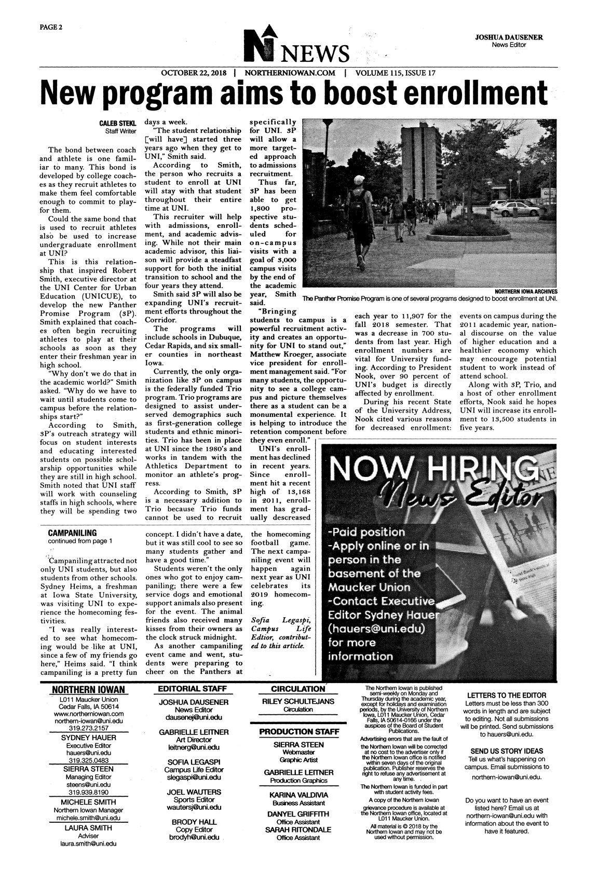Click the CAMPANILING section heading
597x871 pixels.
point(72,533)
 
